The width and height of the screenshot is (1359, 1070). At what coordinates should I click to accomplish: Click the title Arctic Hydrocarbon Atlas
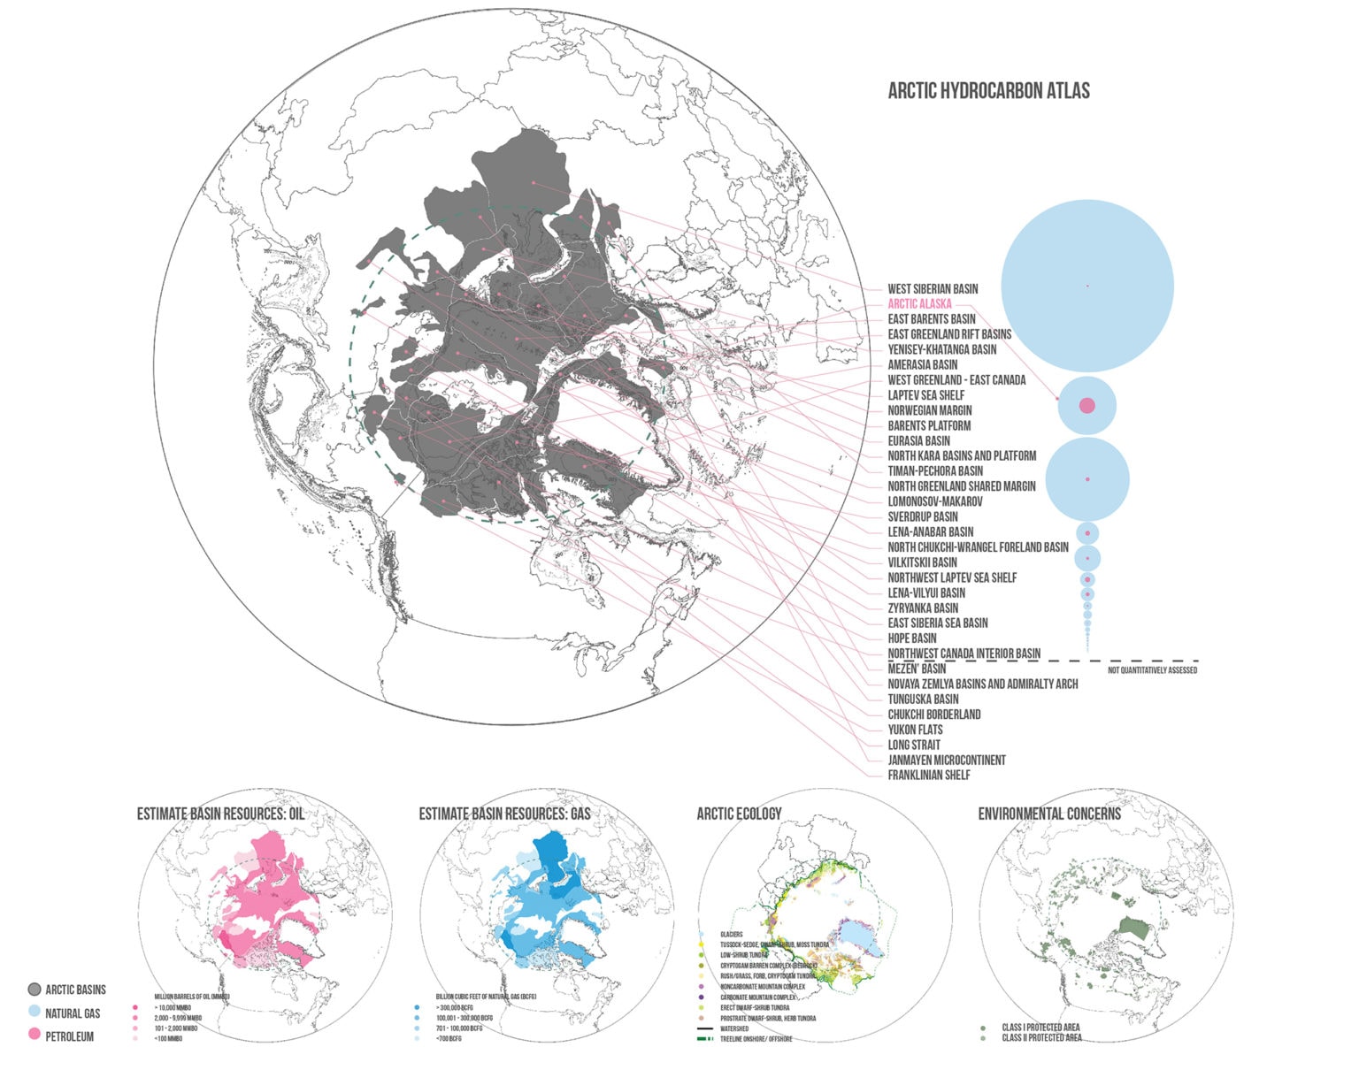[988, 90]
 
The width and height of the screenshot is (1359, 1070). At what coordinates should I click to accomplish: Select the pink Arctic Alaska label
[919, 303]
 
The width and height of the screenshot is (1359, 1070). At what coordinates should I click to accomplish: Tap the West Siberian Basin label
[933, 288]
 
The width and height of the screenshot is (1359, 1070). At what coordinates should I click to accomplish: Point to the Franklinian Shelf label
[928, 775]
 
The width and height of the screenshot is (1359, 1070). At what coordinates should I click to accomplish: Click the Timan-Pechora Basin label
[934, 470]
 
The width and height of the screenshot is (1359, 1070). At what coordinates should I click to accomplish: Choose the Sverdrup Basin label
[922, 516]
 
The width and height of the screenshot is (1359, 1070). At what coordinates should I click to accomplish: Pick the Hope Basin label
[911, 638]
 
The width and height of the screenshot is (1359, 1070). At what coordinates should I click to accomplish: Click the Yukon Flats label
[915, 730]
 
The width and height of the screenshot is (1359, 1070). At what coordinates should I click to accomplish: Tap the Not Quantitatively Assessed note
[1152, 670]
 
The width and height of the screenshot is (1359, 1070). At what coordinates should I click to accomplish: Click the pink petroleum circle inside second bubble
[1087, 405]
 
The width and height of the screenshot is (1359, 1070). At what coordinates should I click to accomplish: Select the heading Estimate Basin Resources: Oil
[220, 814]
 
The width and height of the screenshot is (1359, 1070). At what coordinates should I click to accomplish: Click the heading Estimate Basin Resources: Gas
[504, 814]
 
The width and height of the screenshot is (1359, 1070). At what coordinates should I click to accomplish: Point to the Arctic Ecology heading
[739, 814]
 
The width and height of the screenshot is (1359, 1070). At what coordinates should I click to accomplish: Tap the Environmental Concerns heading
[1048, 814]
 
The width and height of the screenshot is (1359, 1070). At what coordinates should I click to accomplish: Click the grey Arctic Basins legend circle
[35, 990]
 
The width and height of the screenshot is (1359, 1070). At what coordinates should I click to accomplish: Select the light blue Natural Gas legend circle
[35, 1013]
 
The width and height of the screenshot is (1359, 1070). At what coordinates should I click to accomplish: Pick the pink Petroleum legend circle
[35, 1036]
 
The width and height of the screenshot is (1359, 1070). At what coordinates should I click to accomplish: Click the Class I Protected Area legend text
[1040, 1028]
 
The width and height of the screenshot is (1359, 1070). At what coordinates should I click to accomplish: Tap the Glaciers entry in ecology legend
[731, 935]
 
